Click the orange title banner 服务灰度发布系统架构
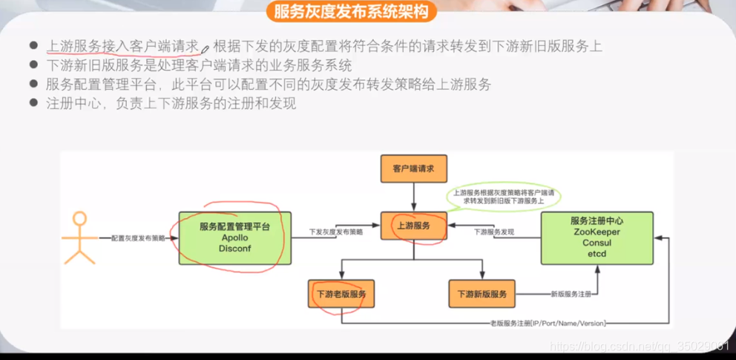point(352,11)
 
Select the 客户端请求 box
point(413,169)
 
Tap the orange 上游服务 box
point(413,225)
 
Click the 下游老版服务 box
point(341,294)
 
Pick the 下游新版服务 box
point(482,294)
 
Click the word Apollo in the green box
point(230,238)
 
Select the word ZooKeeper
point(597,232)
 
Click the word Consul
point(597,243)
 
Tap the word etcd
point(597,254)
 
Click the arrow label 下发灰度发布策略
point(336,232)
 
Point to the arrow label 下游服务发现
point(494,232)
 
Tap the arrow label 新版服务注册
point(571,295)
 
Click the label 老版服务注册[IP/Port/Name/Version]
point(548,324)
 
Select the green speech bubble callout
point(502,196)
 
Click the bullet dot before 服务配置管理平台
point(33,85)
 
